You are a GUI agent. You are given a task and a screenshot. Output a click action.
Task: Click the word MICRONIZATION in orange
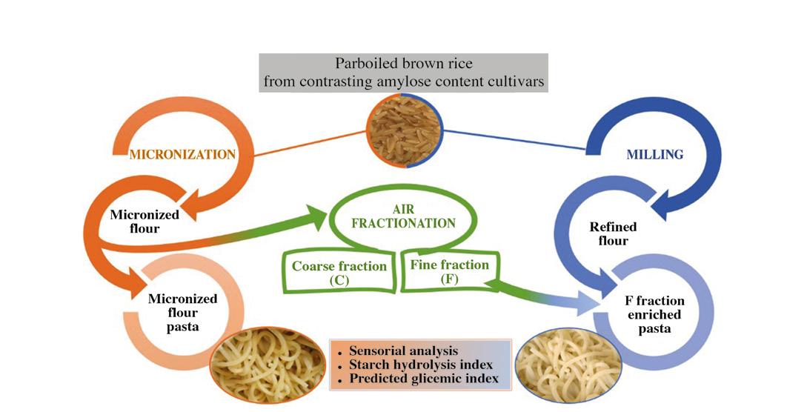tap(182, 154)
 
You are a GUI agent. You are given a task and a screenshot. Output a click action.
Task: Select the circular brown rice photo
tap(404, 131)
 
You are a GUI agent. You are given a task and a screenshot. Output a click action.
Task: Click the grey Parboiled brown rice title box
tap(404, 72)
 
